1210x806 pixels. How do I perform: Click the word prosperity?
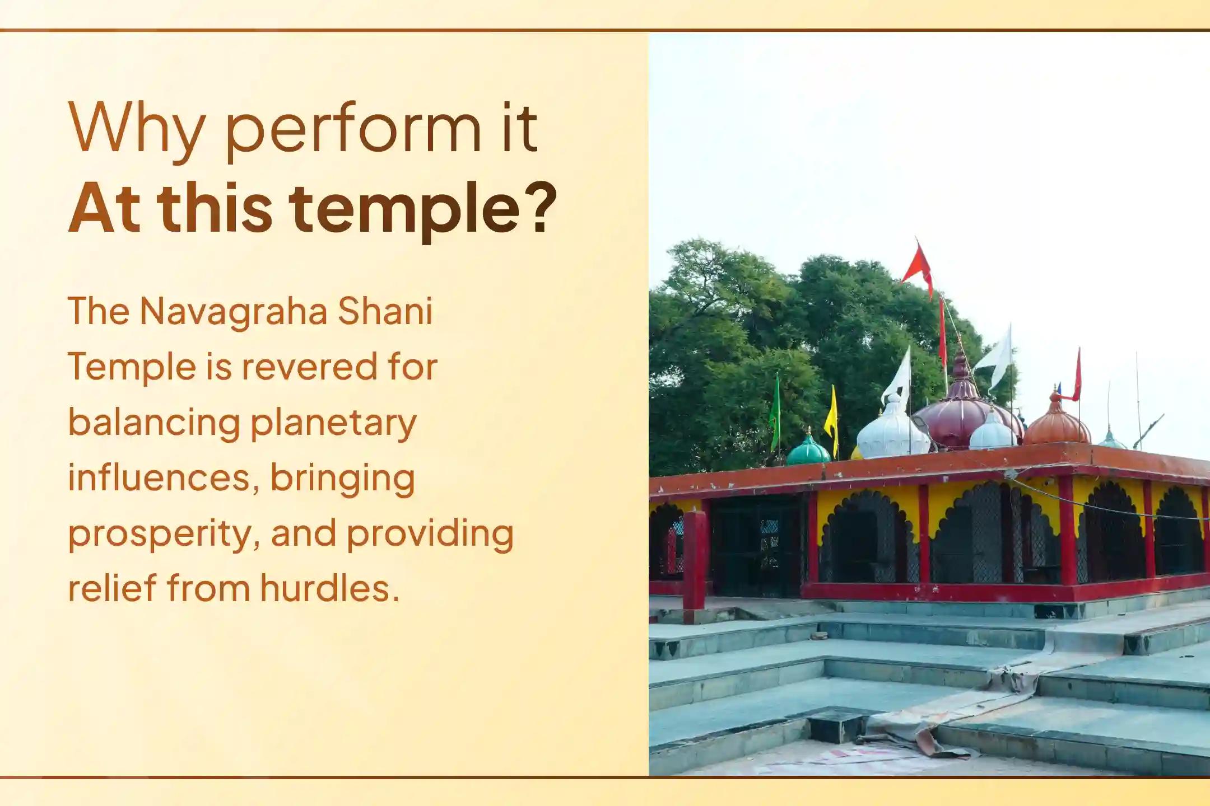coord(165,534)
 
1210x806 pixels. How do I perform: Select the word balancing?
coord(154,423)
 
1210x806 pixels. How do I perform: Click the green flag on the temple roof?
coord(775,411)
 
